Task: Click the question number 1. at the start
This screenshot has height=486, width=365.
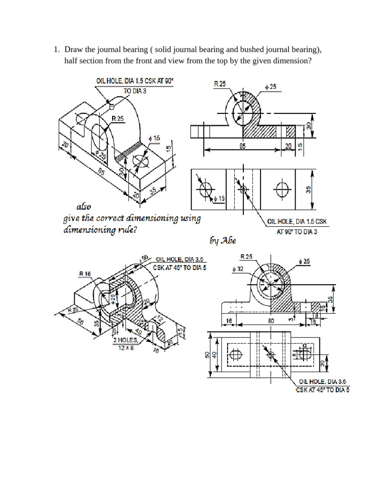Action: pos(56,49)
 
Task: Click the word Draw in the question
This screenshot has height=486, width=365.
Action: pos(74,49)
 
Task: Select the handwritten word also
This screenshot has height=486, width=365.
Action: pos(83,207)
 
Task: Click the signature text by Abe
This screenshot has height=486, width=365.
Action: pos(222,241)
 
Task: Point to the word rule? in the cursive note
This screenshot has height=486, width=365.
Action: pos(130,230)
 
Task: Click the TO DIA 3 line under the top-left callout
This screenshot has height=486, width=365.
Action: pos(135,91)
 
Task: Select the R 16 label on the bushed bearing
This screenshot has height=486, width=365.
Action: pos(86,273)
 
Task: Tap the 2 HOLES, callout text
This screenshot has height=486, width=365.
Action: pos(125,340)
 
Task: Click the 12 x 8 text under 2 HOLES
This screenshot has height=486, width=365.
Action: pos(126,347)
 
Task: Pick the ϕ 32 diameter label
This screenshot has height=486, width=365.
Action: pos(238,269)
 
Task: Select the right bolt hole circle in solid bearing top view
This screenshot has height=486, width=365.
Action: pos(282,189)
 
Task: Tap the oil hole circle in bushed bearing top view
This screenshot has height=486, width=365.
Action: pos(271,355)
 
